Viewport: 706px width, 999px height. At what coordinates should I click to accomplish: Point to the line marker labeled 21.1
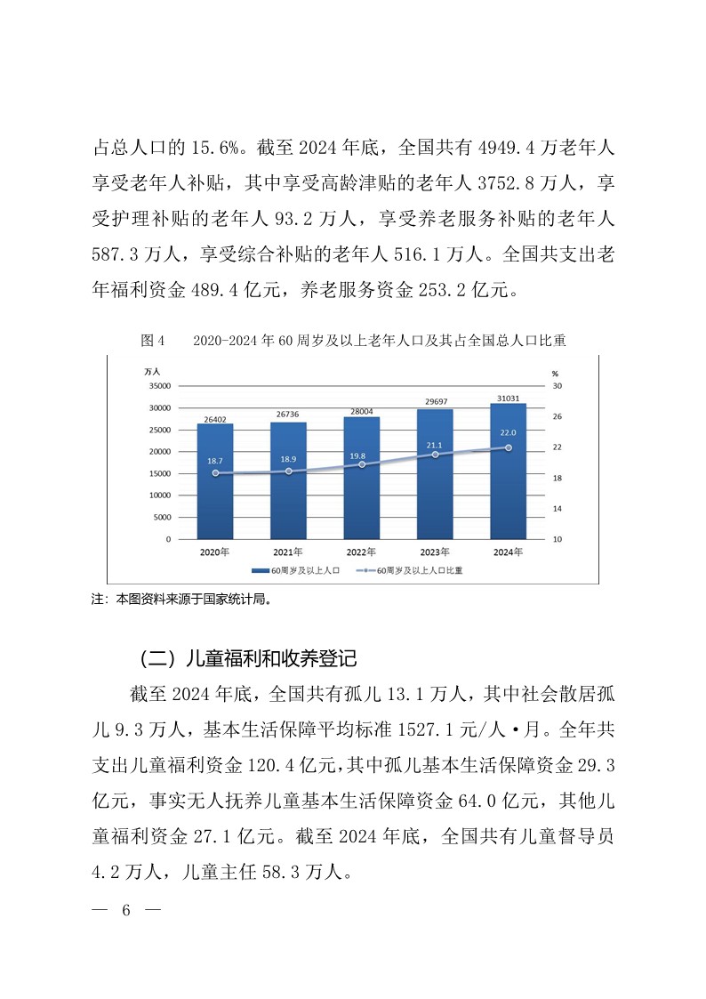click(x=435, y=455)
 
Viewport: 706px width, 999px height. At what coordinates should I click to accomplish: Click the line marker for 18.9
click(x=288, y=471)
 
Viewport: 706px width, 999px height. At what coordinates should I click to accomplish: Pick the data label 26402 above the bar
click(x=214, y=417)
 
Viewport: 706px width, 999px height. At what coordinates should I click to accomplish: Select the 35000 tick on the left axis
click(x=160, y=386)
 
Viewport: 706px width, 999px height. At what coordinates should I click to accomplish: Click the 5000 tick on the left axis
click(x=163, y=518)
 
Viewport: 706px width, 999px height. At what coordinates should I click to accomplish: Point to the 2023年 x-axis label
click(x=435, y=552)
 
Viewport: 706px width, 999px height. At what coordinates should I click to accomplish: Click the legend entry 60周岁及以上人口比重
click(x=419, y=570)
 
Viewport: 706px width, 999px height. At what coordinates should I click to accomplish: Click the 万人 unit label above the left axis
click(x=153, y=371)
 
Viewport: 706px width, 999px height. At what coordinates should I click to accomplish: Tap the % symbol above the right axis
click(x=555, y=374)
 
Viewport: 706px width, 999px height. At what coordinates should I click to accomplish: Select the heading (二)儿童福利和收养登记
click(x=248, y=659)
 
